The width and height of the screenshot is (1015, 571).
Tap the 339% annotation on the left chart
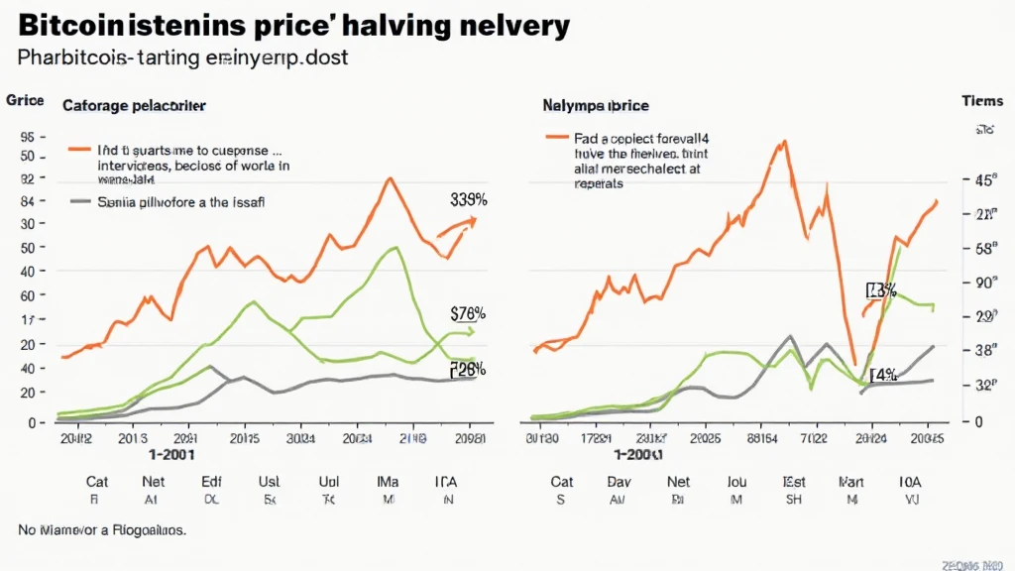click(467, 199)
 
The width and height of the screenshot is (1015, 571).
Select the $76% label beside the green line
click(467, 313)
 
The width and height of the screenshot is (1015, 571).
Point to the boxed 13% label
click(881, 290)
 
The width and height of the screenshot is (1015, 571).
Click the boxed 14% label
click(883, 375)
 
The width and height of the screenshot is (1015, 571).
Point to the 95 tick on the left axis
click(27, 137)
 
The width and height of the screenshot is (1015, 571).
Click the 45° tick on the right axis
click(984, 179)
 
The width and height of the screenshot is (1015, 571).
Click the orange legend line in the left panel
click(79, 149)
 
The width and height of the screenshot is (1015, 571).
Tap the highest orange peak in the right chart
click(783, 141)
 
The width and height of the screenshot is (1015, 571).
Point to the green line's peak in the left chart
click(395, 247)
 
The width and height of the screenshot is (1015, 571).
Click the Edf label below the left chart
click(211, 482)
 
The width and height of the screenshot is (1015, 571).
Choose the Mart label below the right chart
click(852, 482)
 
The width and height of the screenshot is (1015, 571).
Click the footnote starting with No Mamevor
click(102, 530)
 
